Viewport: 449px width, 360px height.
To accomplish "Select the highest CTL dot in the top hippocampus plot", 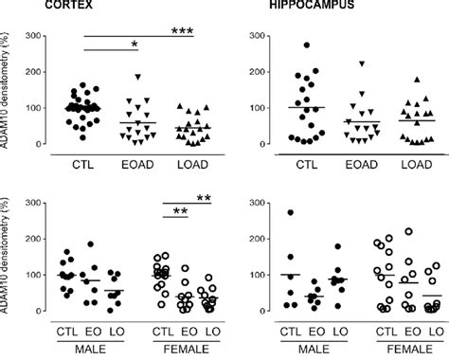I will point(306,45).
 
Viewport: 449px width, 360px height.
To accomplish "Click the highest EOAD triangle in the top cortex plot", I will point(138,76).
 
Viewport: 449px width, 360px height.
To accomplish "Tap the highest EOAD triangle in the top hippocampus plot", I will point(360,63).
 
